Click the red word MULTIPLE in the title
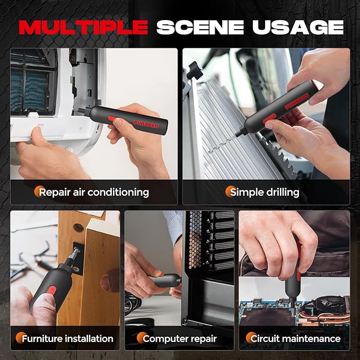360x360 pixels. [x=83, y=28]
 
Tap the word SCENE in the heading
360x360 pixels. [x=200, y=28]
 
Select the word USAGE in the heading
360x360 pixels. [x=298, y=28]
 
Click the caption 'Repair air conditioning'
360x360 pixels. [x=94, y=192]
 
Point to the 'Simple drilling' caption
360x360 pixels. [x=265, y=192]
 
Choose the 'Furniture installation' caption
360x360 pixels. [x=67, y=339]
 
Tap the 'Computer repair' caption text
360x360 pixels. [x=180, y=339]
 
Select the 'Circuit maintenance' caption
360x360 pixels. [x=295, y=339]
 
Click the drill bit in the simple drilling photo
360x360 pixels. [x=222, y=144]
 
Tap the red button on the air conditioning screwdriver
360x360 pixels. [x=112, y=118]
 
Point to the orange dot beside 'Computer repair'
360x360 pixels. [x=142, y=338]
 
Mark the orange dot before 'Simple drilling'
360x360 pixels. [x=230, y=191]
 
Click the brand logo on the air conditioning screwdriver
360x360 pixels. [x=146, y=125]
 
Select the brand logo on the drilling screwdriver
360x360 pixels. [x=297, y=101]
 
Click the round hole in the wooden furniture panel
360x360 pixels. [x=78, y=227]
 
